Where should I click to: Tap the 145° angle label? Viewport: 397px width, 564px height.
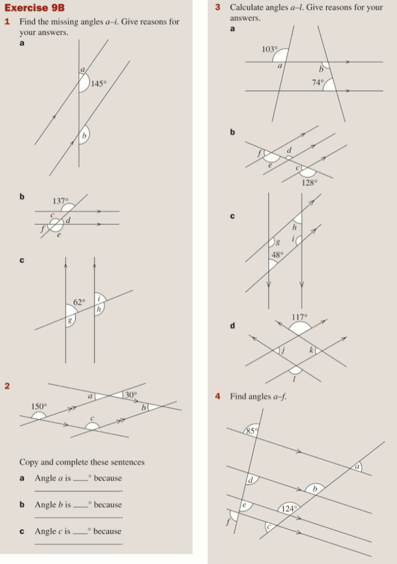point(98,84)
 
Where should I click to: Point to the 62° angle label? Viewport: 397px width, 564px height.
point(80,302)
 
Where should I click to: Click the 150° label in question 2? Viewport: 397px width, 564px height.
point(39,406)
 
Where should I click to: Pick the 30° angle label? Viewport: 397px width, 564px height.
point(130,394)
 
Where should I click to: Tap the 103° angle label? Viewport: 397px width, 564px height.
point(269,49)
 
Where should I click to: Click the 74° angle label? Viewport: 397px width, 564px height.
point(318,83)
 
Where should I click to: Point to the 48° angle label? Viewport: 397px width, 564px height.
point(277,255)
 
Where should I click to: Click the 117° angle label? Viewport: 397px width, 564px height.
point(300,317)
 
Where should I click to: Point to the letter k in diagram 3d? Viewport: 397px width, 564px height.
point(311,349)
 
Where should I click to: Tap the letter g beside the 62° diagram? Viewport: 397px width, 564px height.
point(70,320)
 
